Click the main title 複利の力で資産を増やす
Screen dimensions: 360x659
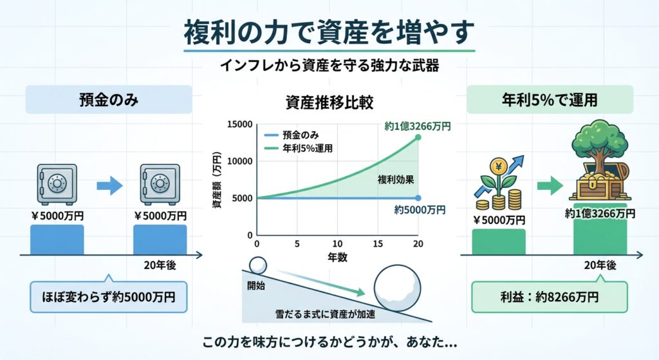click(x=329, y=32)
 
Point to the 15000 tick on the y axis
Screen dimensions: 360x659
click(x=240, y=124)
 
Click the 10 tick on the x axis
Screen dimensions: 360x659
click(x=337, y=244)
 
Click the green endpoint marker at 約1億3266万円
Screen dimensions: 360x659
click(x=418, y=137)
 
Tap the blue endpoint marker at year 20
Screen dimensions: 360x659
click(x=418, y=198)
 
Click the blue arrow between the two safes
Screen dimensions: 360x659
click(x=109, y=187)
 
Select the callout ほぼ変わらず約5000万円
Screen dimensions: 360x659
click(x=109, y=298)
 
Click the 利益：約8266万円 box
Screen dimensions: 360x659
click(x=550, y=297)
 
